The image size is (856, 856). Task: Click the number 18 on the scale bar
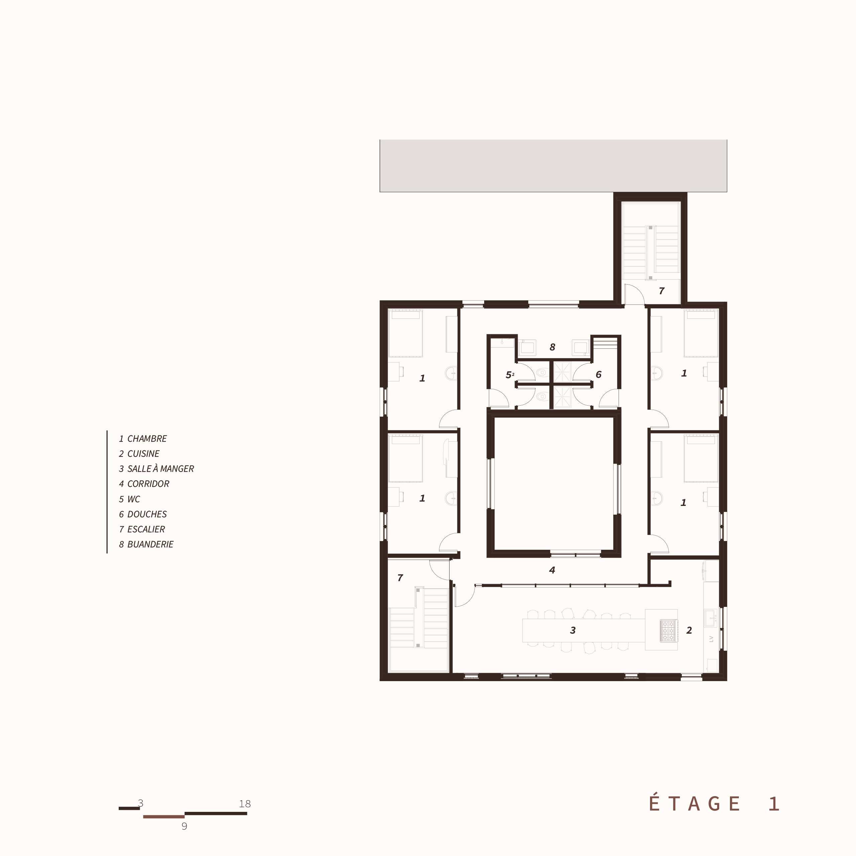[x=244, y=804]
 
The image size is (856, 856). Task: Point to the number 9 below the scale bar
[x=184, y=826]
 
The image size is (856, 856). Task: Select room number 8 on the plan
[x=552, y=347]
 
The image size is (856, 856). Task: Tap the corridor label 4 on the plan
[x=552, y=570]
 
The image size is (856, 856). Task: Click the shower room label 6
[x=599, y=374]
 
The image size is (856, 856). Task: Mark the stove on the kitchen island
[x=668, y=631]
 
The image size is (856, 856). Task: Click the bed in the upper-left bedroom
[x=405, y=333]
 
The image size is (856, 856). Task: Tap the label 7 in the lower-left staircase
[x=400, y=577]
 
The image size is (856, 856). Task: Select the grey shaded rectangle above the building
[x=553, y=166]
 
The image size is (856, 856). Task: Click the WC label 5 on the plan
[x=509, y=375]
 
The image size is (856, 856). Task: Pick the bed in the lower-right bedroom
[x=701, y=458]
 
